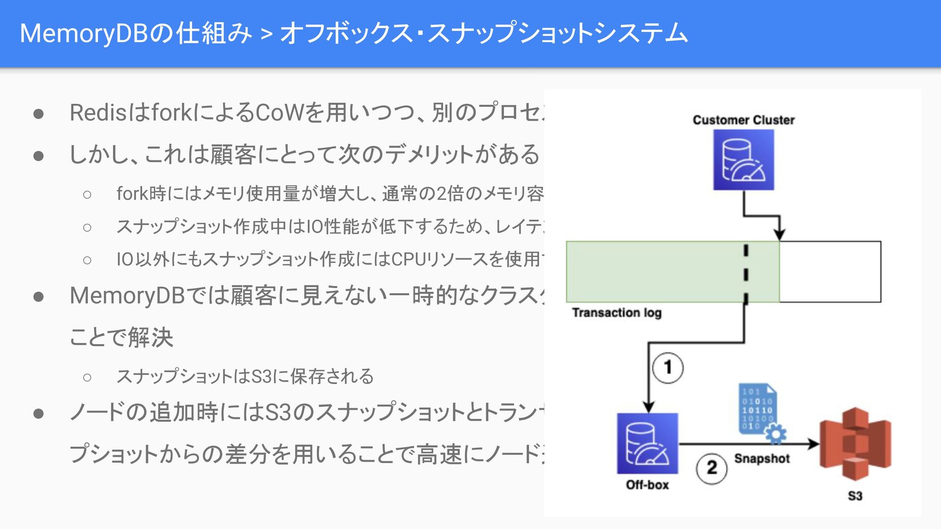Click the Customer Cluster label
point(743,120)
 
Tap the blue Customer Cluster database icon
point(743,160)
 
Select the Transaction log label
point(617,313)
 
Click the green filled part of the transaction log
point(657,271)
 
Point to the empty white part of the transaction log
point(830,271)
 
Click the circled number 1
point(668,367)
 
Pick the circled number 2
point(712,468)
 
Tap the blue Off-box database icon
point(647,443)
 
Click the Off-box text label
point(647,485)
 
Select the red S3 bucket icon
point(855,443)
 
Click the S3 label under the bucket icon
point(855,496)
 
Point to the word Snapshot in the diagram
point(762,458)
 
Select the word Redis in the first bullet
point(98,113)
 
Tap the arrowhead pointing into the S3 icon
point(813,444)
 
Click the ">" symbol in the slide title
point(267,34)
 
